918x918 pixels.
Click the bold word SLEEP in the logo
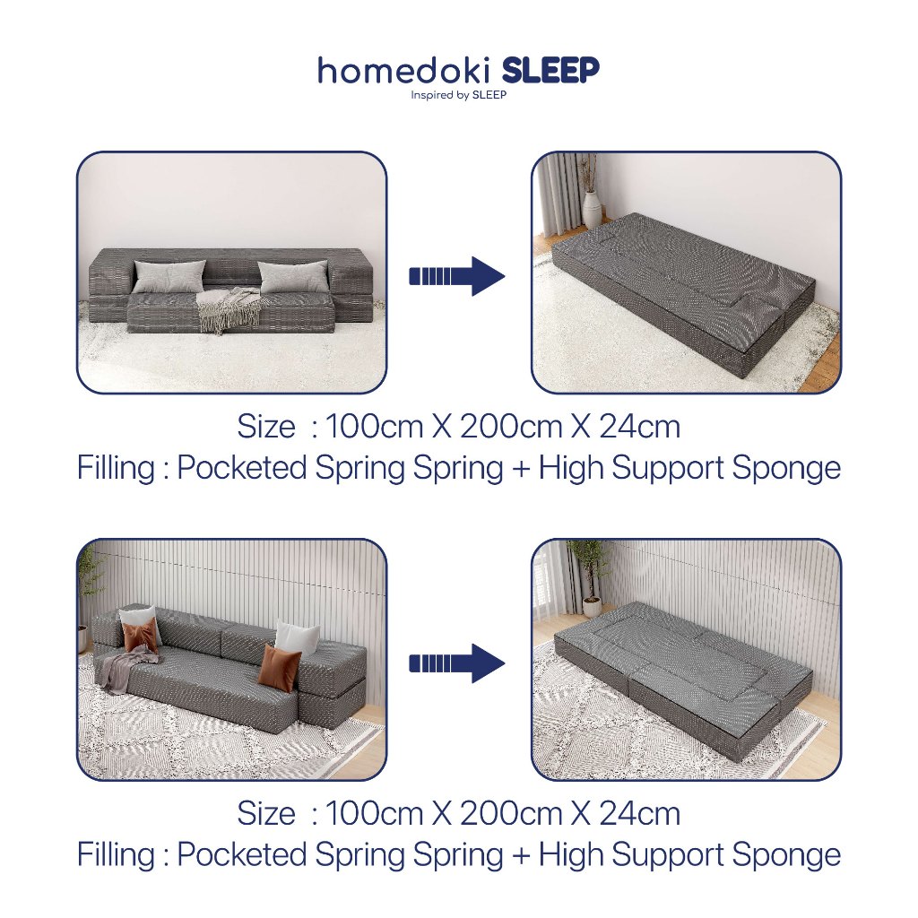click(551, 70)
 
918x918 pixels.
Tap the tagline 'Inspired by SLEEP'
click(458, 95)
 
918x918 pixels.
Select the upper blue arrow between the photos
click(456, 276)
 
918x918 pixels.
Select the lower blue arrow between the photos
click(456, 663)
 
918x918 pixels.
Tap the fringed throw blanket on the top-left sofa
click(229, 309)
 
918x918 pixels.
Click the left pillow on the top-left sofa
click(169, 276)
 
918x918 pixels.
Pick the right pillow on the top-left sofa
click(293, 276)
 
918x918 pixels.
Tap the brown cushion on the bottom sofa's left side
click(141, 637)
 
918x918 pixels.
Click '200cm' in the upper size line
click(511, 426)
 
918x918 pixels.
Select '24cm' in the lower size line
click(639, 813)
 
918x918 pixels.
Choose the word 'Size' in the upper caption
click(265, 426)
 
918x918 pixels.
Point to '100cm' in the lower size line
click(374, 813)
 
